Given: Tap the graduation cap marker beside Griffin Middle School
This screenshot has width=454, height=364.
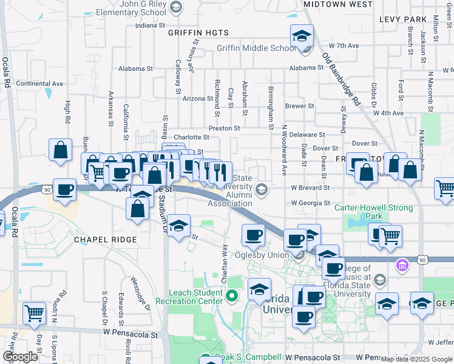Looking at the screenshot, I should [302, 36].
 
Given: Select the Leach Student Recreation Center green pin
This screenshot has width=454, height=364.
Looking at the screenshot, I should [231, 297].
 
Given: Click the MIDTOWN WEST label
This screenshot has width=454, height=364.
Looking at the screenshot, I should [337, 4].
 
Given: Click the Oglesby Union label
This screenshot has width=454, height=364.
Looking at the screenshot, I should [262, 255].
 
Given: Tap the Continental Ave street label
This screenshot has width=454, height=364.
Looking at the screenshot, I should [39, 84].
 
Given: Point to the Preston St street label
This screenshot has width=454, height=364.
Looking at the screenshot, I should [225, 129].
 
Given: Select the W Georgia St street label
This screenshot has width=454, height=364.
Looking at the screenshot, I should [310, 203].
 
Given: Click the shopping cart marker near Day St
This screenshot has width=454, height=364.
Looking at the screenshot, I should [35, 314].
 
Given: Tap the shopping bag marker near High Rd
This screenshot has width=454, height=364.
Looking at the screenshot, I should [61, 150].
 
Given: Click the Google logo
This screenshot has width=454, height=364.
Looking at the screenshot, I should [21, 356].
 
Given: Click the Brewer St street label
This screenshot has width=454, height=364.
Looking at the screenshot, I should [299, 106].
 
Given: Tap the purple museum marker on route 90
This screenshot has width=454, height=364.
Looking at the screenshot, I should [401, 265].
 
